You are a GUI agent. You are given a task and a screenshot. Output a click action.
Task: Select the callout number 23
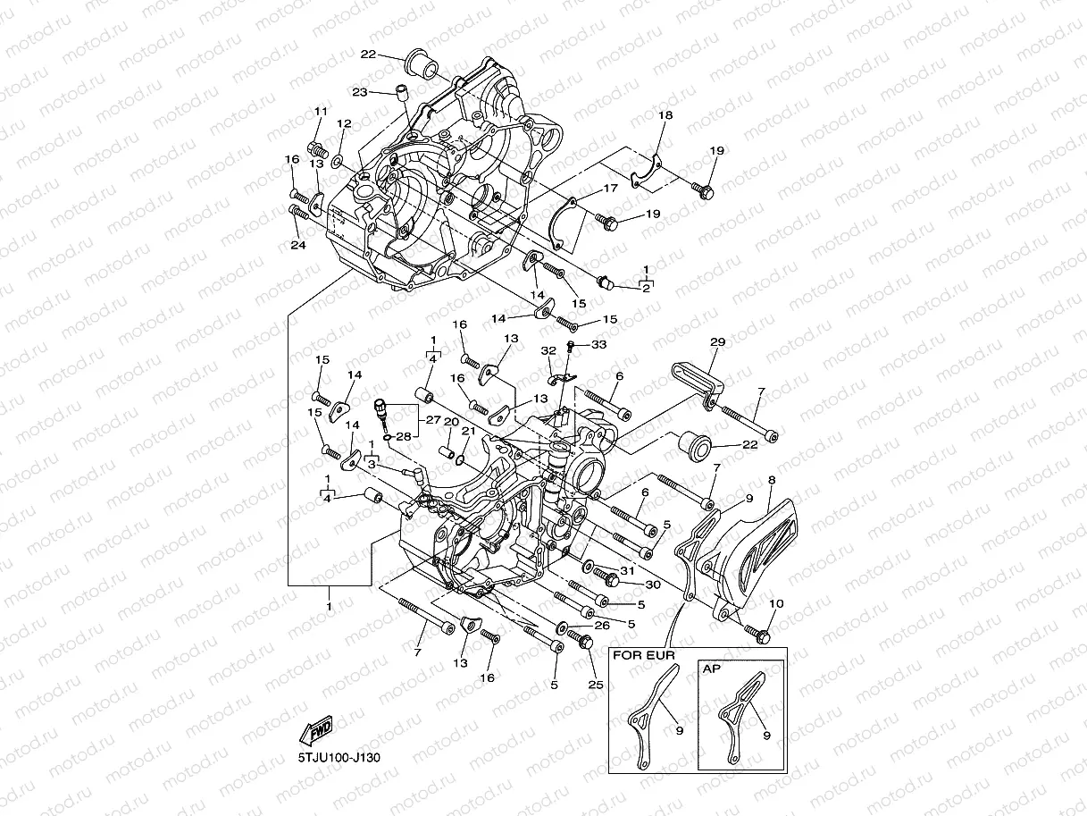coord(360,91)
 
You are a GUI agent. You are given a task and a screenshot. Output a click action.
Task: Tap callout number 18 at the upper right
coord(665,116)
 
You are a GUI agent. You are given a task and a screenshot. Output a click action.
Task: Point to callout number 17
coord(610,189)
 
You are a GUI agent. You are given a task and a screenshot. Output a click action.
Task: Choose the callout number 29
coord(716,343)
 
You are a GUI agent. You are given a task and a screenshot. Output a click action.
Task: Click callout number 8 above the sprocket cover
coord(771,481)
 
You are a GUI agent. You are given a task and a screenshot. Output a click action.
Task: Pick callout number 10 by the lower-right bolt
coord(776,605)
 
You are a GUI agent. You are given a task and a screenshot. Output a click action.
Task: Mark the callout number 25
coord(596,686)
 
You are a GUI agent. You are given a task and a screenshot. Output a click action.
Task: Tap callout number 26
coord(601,626)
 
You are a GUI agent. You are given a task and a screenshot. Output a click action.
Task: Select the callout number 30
coord(651,585)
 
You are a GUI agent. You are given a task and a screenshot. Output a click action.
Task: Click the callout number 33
coord(598,345)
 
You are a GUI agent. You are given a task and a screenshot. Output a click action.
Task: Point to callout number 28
coord(404,436)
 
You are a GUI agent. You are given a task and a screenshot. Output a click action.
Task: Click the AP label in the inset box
coord(712,669)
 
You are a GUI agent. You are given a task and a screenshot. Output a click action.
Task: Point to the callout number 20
coord(451,421)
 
